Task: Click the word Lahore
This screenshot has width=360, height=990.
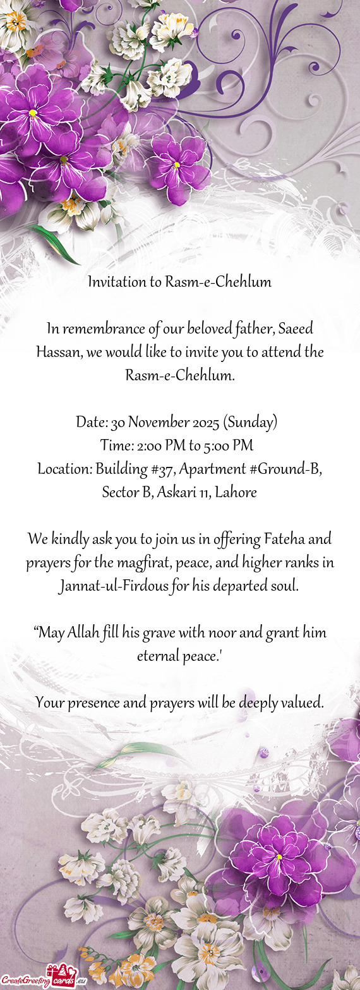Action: pos(236,493)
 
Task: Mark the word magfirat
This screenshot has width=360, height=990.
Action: pos(140,563)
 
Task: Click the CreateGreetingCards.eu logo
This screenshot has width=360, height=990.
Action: pos(43,976)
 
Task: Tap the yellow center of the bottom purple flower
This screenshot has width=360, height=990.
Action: pos(279,857)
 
